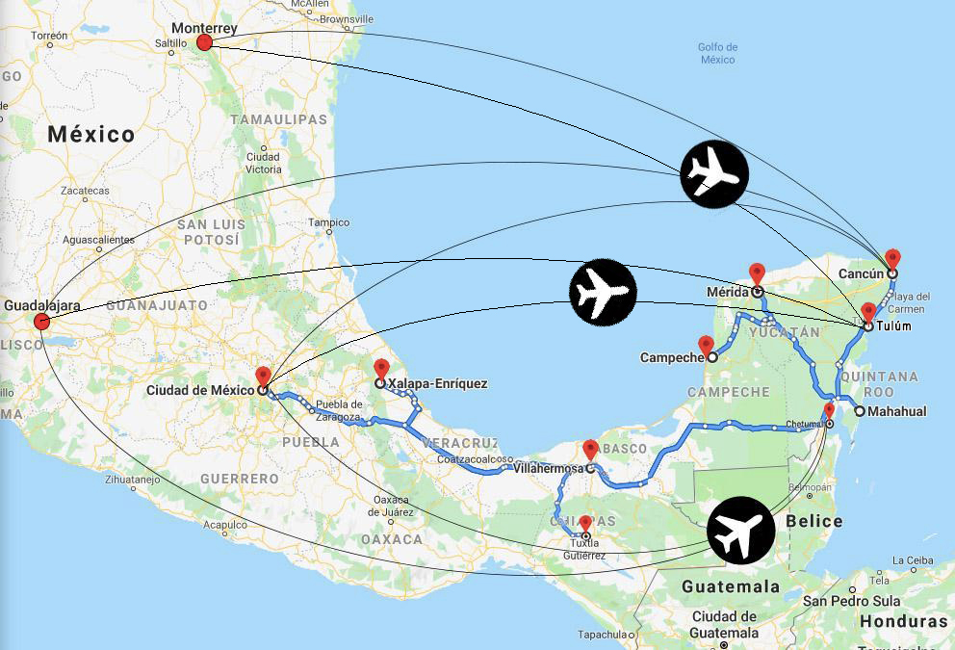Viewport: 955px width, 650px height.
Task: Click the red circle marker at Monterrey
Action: click(x=204, y=42)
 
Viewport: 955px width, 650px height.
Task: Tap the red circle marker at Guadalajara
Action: click(x=41, y=321)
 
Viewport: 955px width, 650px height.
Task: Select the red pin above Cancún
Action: click(x=892, y=258)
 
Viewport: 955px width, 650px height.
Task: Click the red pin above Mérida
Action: click(x=757, y=273)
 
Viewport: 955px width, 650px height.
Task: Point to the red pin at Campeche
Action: click(x=706, y=345)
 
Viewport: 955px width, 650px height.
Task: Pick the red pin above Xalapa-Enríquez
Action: click(x=381, y=368)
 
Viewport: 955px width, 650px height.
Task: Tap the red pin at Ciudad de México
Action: click(x=263, y=376)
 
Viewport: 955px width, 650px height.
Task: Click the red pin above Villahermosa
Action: click(x=590, y=450)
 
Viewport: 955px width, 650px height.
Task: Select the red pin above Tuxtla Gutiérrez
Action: click(x=585, y=523)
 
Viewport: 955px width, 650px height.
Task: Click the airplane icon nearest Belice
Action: click(x=741, y=531)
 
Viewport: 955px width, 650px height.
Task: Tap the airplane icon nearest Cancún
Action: click(x=713, y=173)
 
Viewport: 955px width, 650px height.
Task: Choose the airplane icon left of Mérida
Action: click(x=603, y=291)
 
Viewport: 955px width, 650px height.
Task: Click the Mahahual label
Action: click(x=896, y=411)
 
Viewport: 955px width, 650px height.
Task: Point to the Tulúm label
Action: click(x=893, y=326)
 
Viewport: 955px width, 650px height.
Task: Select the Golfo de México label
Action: click(x=718, y=53)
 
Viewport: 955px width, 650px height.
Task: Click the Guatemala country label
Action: click(x=731, y=586)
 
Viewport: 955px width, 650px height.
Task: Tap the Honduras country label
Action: click(x=903, y=621)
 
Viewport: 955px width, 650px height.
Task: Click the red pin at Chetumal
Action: click(x=829, y=410)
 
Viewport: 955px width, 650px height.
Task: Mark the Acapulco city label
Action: click(x=225, y=525)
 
